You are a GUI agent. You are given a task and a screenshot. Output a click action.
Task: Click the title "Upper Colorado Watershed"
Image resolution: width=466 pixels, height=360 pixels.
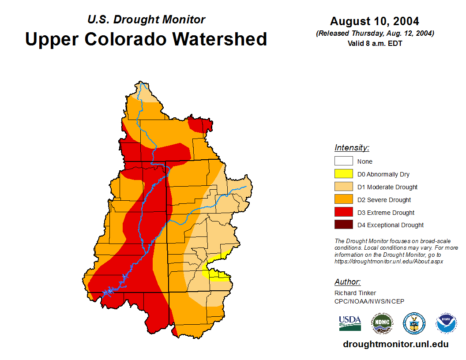(146, 39)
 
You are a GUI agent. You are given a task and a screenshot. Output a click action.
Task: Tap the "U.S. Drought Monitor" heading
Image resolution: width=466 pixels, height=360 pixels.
(146, 19)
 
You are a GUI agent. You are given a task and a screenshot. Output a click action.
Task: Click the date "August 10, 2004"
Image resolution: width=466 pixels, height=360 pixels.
(375, 21)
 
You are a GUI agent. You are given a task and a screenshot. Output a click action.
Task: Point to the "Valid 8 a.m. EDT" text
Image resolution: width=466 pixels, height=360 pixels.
(375, 43)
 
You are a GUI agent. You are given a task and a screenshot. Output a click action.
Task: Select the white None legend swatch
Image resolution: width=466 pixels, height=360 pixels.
(343, 161)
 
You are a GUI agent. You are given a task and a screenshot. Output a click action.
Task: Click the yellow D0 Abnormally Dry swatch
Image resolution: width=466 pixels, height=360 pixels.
(343, 174)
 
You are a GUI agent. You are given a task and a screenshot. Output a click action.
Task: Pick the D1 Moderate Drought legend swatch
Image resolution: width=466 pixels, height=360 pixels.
(343, 187)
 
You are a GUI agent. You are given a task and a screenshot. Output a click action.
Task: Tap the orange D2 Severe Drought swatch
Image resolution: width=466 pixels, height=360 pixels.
(343, 200)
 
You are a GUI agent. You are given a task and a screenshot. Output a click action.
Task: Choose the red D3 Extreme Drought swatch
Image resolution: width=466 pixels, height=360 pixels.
(343, 213)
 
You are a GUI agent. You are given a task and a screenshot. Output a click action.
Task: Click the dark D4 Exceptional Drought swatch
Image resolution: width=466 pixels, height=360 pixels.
(343, 225)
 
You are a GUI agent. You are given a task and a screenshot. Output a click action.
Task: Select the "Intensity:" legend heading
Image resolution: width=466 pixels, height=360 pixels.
(352, 148)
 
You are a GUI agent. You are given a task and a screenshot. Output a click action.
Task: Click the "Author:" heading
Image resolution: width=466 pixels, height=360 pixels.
(347, 282)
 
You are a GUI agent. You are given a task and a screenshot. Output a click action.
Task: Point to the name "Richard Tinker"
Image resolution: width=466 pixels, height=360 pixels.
(355, 293)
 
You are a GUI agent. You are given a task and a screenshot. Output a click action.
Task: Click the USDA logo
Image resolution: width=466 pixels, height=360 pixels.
(350, 323)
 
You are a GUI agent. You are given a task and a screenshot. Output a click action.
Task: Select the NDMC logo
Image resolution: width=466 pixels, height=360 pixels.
(382, 323)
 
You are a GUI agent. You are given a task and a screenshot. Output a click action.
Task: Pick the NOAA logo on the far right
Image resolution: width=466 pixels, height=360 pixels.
(446, 323)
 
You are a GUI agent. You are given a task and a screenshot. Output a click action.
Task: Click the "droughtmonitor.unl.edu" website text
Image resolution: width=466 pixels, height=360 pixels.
(395, 344)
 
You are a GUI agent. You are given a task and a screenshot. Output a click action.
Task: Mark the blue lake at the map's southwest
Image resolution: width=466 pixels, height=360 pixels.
(108, 292)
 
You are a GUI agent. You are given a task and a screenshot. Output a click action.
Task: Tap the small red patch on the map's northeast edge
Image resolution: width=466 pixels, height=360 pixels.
(201, 124)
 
